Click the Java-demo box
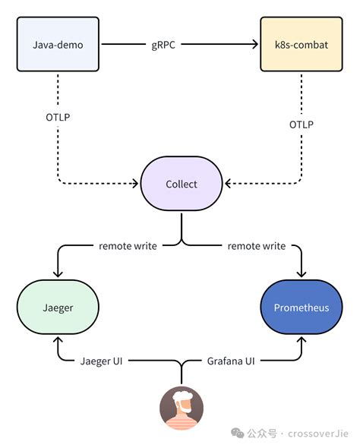coord(58,45)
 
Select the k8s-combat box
coord(302,45)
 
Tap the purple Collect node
coord(181,184)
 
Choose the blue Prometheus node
coord(302,308)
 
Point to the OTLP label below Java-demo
coord(58,118)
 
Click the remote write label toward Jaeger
coord(128,246)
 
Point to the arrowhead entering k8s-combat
coord(256,45)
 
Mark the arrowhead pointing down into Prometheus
coord(302,273)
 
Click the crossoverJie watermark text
coord(317,433)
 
